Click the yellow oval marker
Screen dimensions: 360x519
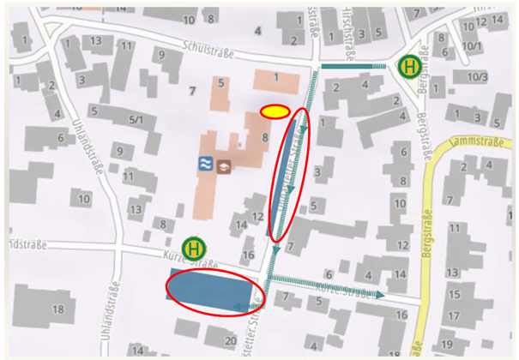click(275, 111)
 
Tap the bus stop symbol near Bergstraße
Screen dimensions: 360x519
click(409, 65)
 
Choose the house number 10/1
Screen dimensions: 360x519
click(471, 45)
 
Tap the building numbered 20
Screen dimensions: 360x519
click(229, 341)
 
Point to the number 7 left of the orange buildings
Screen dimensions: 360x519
click(193, 91)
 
